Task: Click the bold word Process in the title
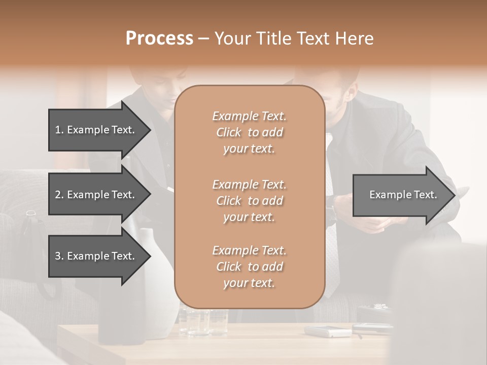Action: [159, 39]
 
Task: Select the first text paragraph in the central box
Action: [249, 132]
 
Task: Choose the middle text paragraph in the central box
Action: [249, 201]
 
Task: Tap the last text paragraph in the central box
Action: [249, 267]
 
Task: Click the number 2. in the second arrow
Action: [59, 195]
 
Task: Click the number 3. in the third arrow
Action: [59, 256]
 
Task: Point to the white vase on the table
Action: [157, 294]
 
